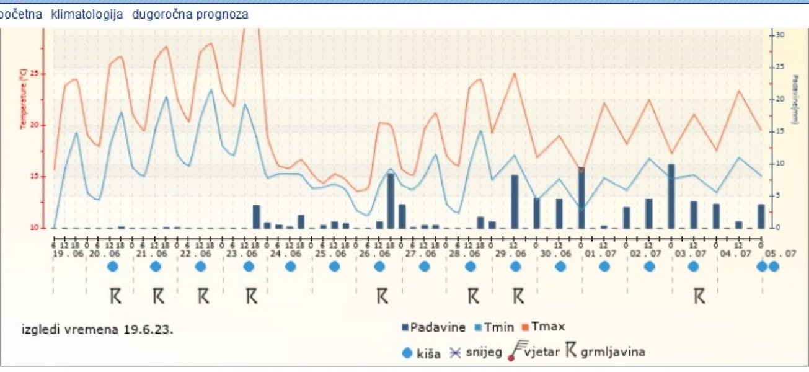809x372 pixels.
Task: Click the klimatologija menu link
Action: pyautogui.click(x=87, y=14)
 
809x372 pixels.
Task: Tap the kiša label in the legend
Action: pyautogui.click(x=429, y=354)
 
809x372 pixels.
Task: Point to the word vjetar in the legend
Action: pyautogui.click(x=542, y=353)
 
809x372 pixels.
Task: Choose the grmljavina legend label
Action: pyautogui.click(x=613, y=353)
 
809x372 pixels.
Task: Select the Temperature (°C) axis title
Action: pyautogui.click(x=24, y=100)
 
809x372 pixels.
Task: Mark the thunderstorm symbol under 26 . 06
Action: pyautogui.click(x=382, y=296)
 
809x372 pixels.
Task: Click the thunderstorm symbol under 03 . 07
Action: pyautogui.click(x=699, y=296)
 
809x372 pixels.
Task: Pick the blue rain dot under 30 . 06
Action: pyautogui.click(x=560, y=267)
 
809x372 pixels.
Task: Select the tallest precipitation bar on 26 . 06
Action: pyautogui.click(x=391, y=201)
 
